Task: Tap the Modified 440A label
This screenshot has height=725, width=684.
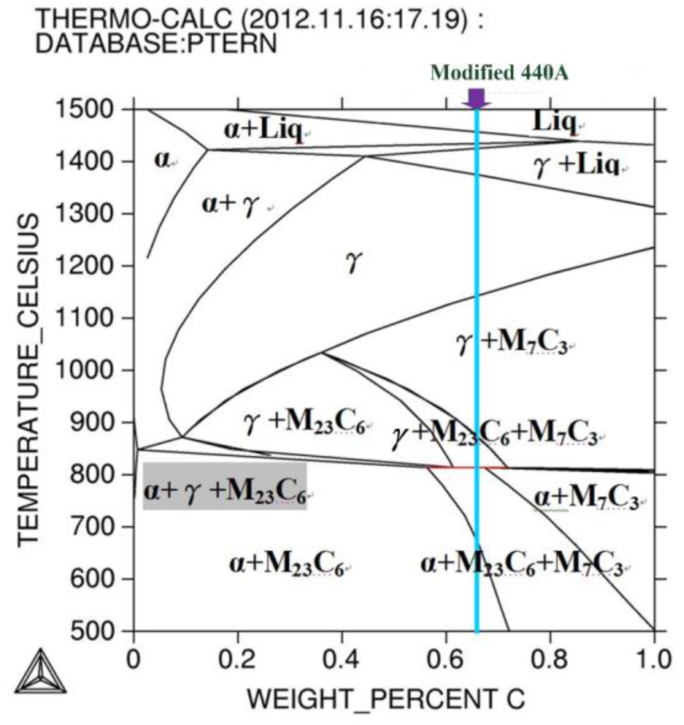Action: [499, 72]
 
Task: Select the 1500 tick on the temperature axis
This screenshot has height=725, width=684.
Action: [95, 110]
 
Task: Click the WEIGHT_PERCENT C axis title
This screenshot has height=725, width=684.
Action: [386, 699]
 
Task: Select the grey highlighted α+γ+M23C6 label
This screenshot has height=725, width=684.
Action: [224, 486]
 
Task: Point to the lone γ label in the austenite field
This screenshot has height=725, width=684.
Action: [353, 263]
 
